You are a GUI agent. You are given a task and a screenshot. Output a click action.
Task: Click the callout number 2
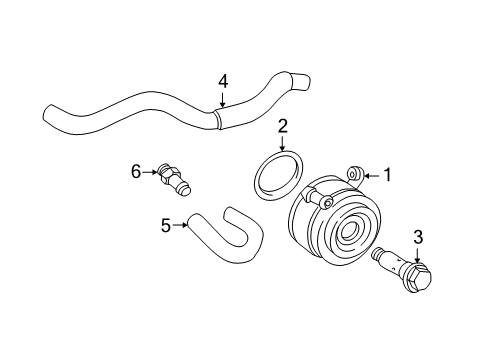point(283,126)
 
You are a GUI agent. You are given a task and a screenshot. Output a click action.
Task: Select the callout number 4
point(223,82)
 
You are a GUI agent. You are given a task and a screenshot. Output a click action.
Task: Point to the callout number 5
point(165,225)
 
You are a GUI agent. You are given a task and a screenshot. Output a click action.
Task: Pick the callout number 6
point(135,171)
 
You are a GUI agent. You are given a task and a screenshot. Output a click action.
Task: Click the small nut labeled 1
point(355,175)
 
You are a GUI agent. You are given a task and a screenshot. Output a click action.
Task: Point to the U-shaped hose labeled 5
point(230,242)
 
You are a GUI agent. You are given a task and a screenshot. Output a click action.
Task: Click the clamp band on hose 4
point(217,119)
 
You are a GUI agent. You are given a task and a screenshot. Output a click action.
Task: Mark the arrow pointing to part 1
point(372,175)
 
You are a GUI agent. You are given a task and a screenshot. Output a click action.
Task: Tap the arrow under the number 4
point(221,99)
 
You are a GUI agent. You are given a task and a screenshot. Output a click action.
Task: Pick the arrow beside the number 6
point(150,172)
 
